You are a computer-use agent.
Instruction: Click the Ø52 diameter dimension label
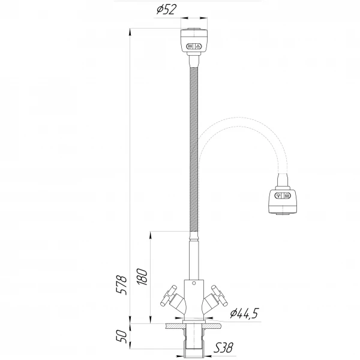(x=167, y=10)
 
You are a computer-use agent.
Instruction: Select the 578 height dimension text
(x=121, y=284)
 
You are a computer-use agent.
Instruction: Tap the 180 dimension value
(x=142, y=277)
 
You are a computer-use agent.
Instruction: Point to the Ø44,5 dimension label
(x=245, y=313)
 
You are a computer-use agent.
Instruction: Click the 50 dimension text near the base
(x=122, y=337)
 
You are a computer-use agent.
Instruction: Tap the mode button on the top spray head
(x=194, y=46)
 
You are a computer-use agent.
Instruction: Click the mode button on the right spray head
(x=283, y=196)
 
